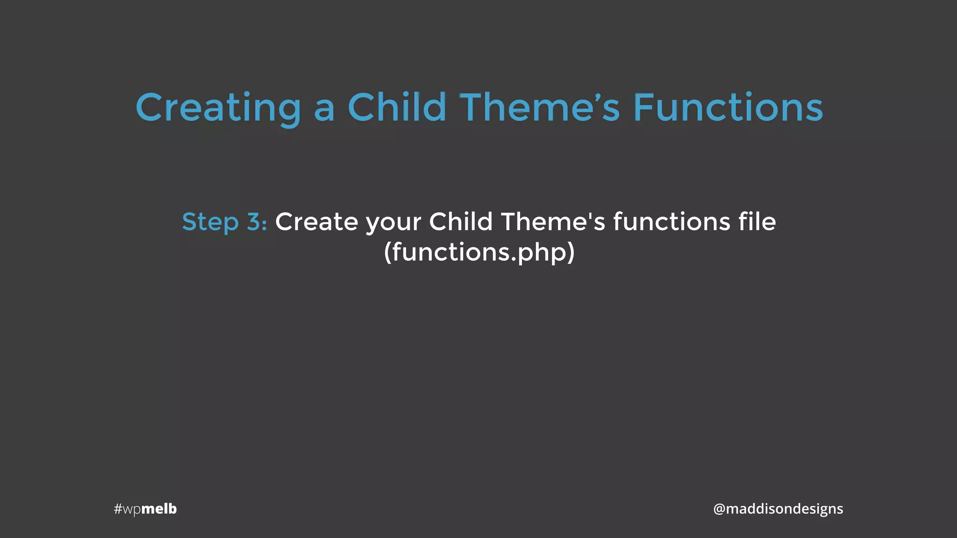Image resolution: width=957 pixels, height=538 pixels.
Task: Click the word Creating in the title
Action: click(218, 108)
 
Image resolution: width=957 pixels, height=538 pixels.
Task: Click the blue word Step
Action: click(210, 222)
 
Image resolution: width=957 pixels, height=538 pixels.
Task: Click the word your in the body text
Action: click(393, 223)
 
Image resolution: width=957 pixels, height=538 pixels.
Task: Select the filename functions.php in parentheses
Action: click(479, 253)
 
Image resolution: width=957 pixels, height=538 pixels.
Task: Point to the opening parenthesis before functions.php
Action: click(387, 253)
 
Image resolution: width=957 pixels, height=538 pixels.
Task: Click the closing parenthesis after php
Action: click(571, 253)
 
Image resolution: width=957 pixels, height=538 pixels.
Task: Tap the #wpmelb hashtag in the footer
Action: click(145, 509)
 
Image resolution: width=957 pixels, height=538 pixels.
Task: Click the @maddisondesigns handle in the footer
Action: click(778, 509)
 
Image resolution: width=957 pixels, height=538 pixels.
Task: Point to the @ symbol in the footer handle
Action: click(719, 509)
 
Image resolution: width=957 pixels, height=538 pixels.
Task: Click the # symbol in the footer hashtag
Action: click(118, 509)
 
